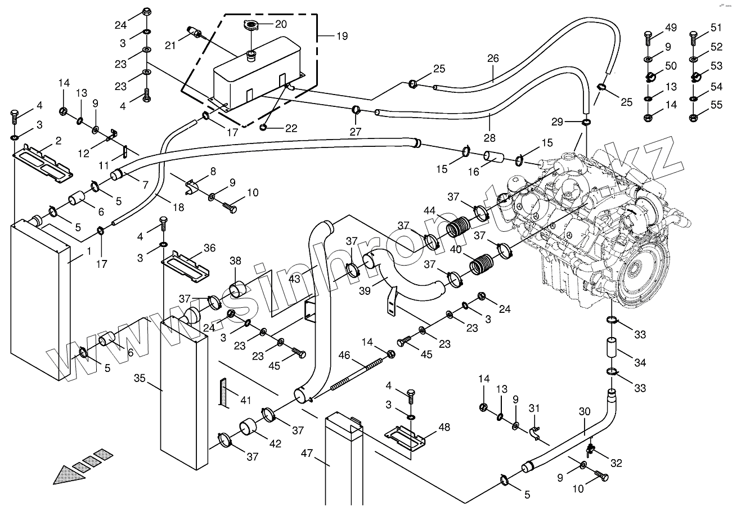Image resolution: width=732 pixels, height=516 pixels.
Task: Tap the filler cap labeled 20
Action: tap(250, 25)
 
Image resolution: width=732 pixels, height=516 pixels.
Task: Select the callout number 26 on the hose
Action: tap(493, 58)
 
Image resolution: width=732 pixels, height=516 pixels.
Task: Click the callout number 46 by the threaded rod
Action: tap(344, 355)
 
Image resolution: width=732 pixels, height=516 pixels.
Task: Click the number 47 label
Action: tap(307, 452)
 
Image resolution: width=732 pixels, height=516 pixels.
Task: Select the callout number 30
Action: tap(584, 411)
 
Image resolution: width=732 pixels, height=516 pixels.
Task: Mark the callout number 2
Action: tap(58, 140)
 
